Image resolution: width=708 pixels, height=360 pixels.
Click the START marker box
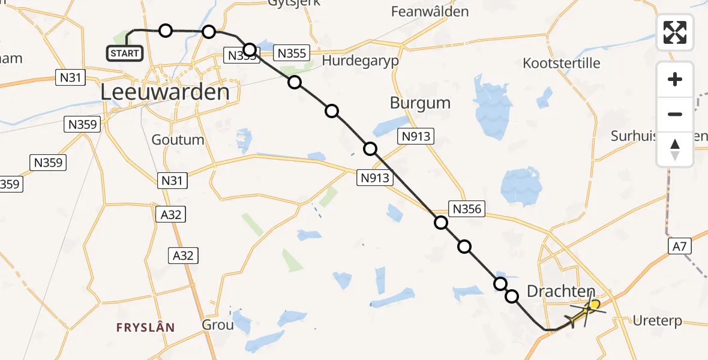[x=125, y=53]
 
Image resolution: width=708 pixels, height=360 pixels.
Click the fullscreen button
[x=675, y=32]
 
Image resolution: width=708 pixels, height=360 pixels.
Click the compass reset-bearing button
[x=675, y=149]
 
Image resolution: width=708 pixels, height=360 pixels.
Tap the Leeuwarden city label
[x=165, y=92]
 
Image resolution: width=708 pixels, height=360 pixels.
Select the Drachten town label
[x=560, y=292]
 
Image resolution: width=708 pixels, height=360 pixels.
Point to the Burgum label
[x=420, y=103]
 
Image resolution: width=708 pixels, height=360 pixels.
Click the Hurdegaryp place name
[x=360, y=61]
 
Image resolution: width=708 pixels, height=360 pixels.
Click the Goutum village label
[x=178, y=140]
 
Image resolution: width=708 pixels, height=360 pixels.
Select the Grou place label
[x=218, y=325]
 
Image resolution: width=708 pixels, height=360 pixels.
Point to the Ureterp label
[x=658, y=321]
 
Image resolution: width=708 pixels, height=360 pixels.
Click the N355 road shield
[x=291, y=53]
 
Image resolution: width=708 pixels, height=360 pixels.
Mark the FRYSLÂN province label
[x=145, y=327]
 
